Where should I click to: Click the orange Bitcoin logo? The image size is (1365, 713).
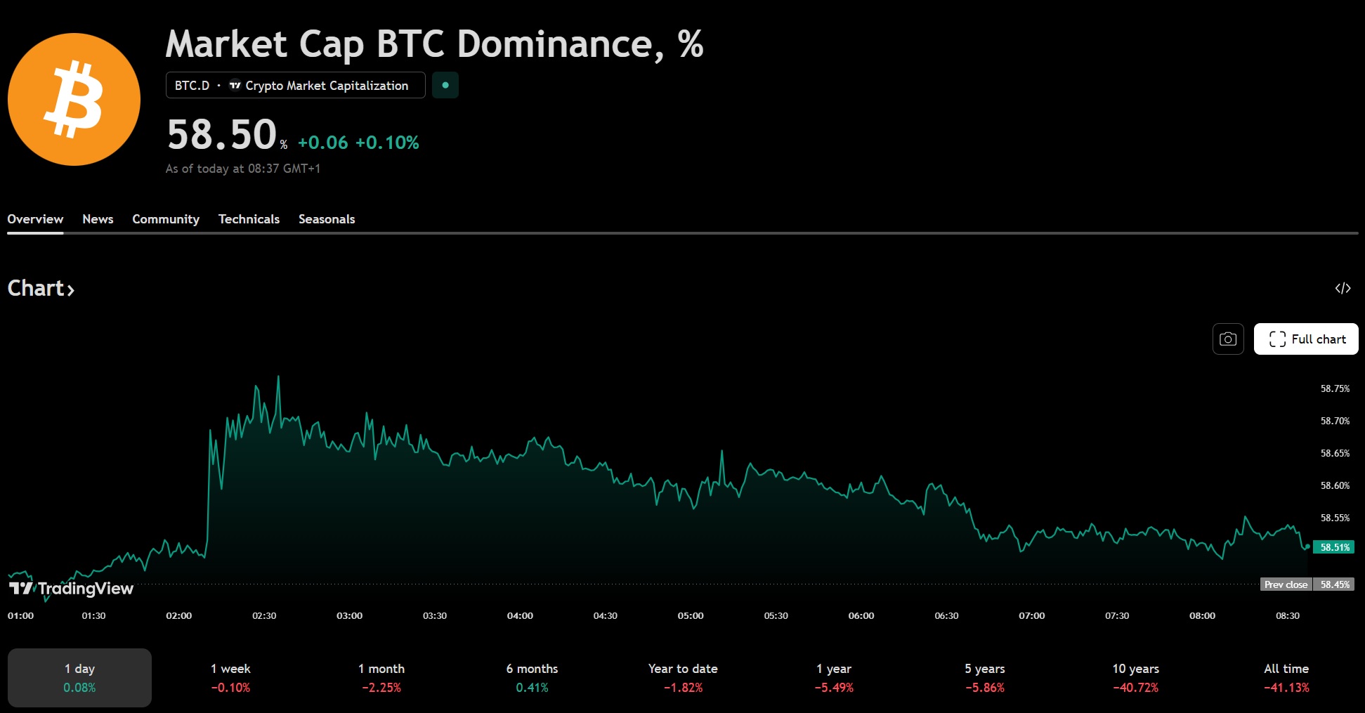point(74,99)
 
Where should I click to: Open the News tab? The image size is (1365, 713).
point(98,219)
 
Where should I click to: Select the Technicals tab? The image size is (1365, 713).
point(249,219)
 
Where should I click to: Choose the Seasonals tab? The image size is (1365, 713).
point(327,219)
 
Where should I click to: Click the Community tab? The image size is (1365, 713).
point(166,219)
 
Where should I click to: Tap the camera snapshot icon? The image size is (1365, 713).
point(1228,339)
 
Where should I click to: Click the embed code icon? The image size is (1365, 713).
point(1343,288)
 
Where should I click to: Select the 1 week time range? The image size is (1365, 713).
point(230,677)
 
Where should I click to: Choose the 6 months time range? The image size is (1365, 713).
point(532,677)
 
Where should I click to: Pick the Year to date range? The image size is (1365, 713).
point(683,677)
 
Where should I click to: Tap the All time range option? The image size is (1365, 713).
point(1286,677)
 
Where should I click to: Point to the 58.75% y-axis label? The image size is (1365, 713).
point(1335,388)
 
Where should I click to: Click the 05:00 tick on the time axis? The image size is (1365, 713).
point(691,616)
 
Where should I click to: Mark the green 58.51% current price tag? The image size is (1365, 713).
point(1334,547)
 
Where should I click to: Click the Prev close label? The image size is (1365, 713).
point(1286,584)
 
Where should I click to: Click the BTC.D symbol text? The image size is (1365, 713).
point(192,86)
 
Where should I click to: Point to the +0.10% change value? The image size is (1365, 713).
point(387,143)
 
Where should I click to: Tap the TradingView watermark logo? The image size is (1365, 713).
point(71,589)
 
